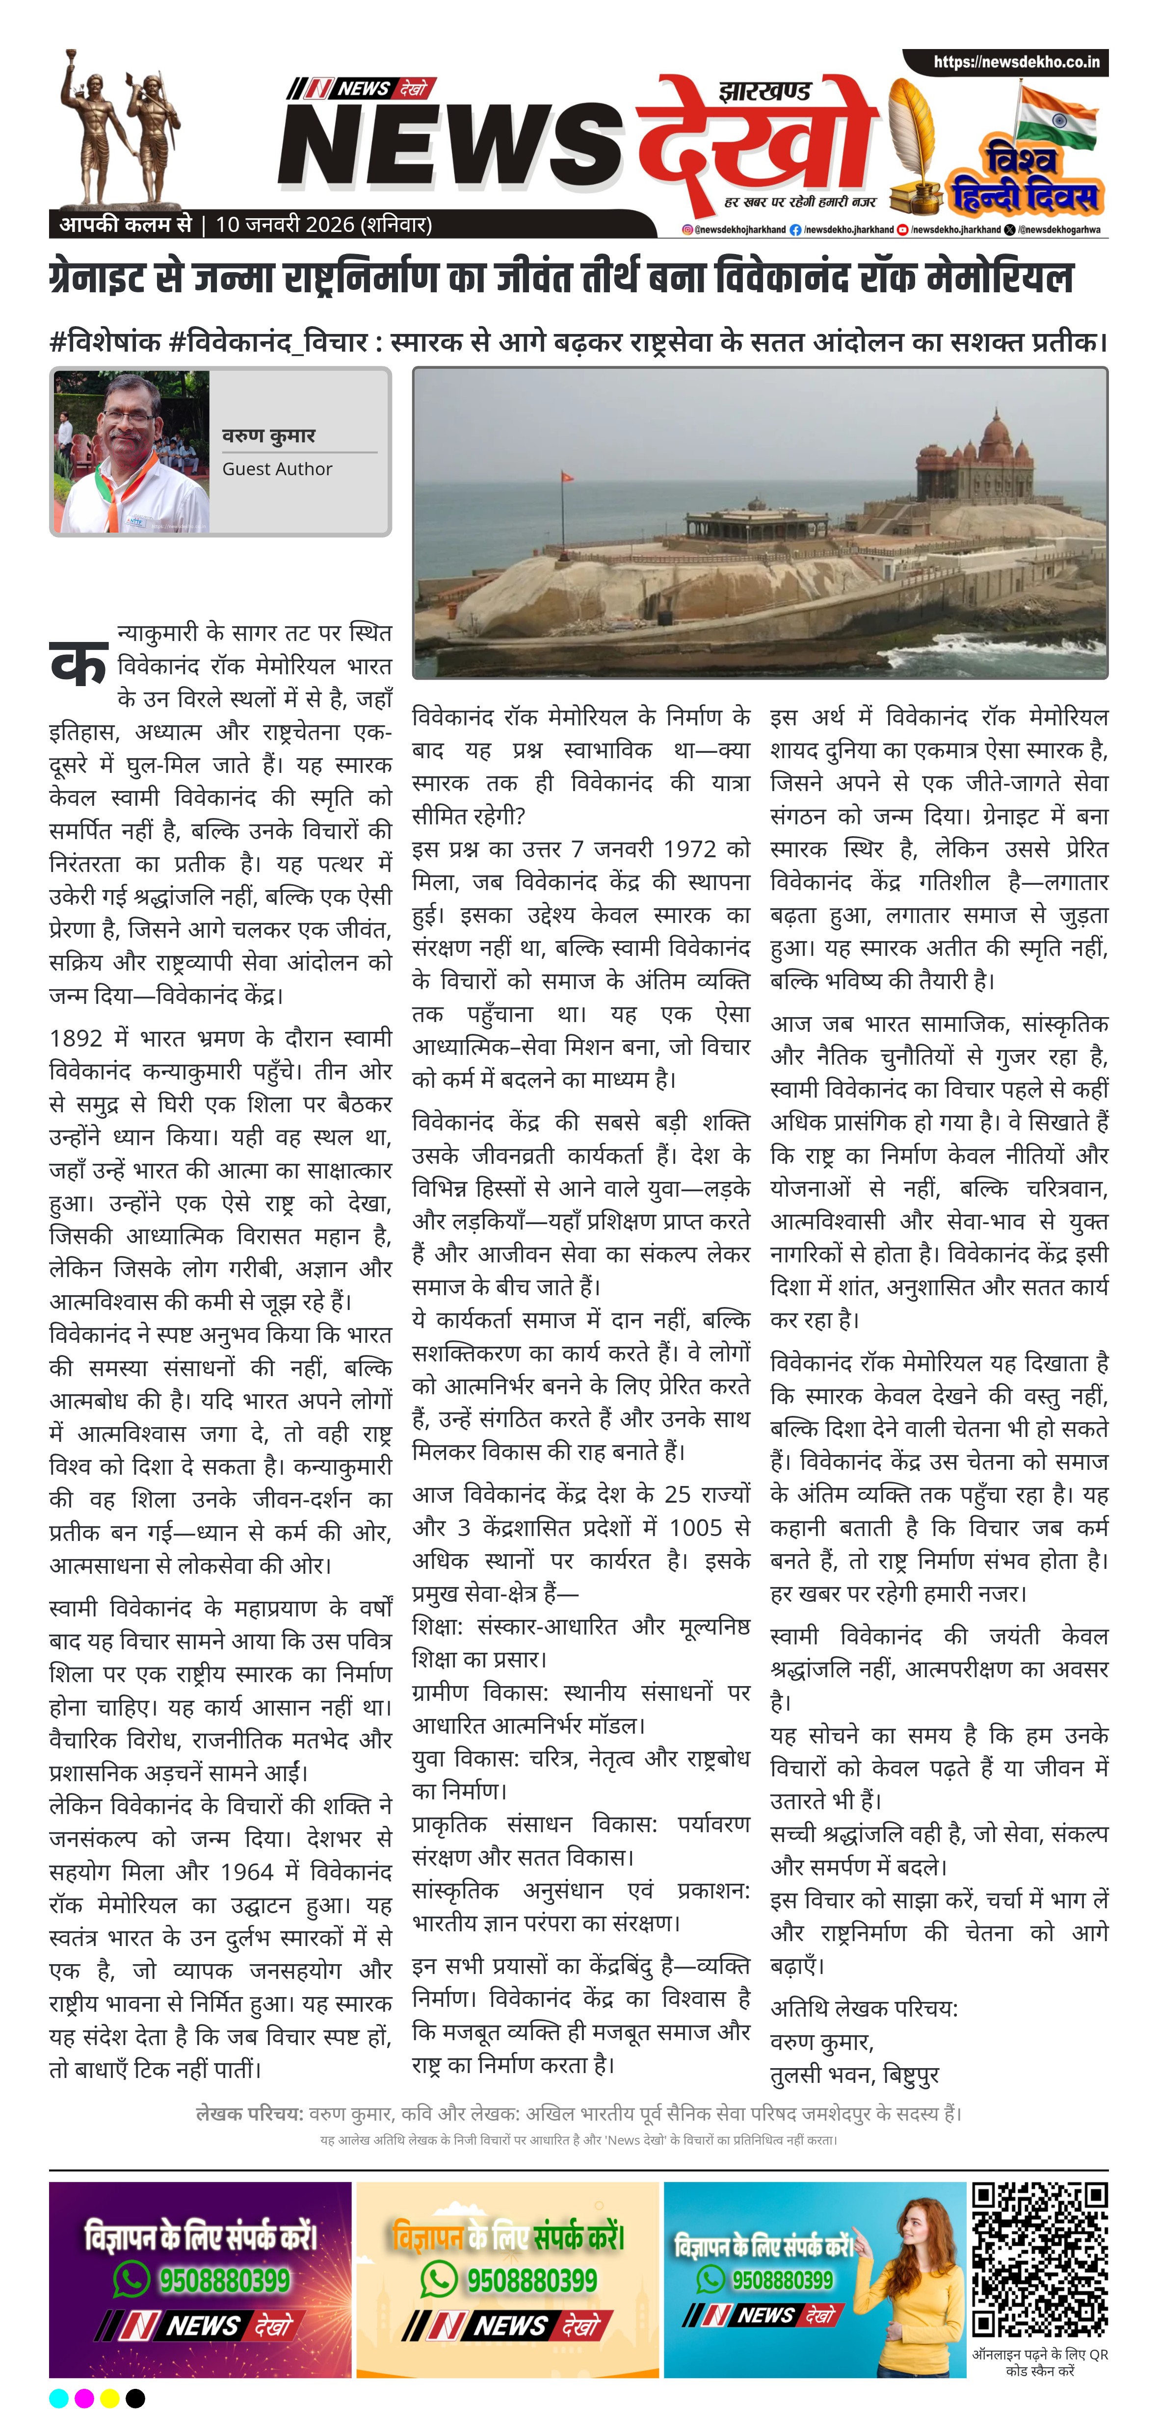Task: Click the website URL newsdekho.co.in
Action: [x=1016, y=63]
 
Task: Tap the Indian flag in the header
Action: [x=1057, y=119]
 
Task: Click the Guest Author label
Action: [x=277, y=468]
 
